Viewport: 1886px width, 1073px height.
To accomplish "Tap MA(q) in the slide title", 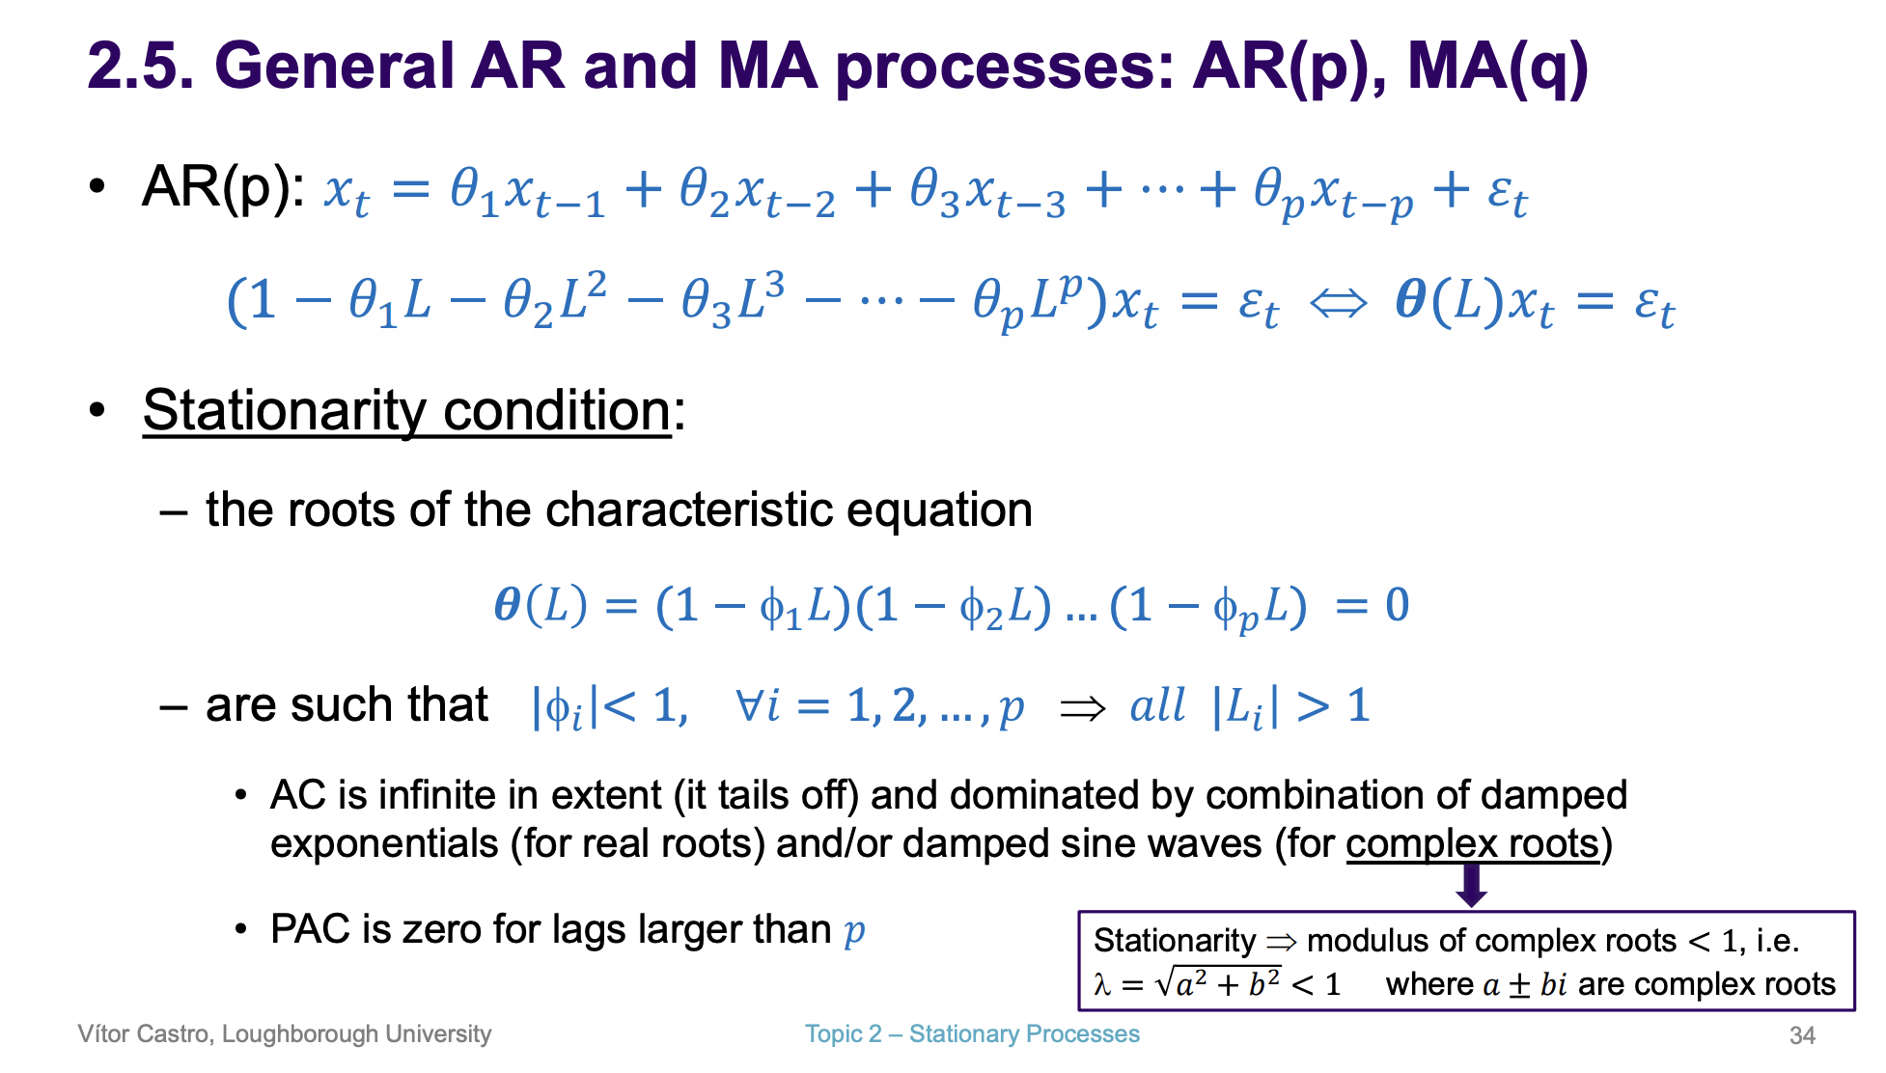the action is (1497, 68).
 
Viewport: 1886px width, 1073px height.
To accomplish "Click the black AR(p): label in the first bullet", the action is (224, 187).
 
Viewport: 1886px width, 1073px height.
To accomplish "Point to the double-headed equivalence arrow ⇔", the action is (1339, 304).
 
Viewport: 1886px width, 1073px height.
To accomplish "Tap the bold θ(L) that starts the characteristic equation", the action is (541, 606).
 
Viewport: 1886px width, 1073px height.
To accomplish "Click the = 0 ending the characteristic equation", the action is (1373, 605).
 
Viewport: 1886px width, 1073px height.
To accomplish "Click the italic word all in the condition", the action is (1157, 705).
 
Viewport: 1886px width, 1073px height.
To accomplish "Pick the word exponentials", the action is (384, 844).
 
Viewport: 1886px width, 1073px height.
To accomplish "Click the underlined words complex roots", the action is (1473, 843).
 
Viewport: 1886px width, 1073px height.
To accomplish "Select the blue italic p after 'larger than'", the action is (854, 932).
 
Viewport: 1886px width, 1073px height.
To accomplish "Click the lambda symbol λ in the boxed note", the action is (1102, 984).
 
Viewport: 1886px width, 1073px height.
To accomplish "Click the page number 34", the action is (1802, 1035).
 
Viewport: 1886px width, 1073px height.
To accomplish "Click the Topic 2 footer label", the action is (844, 1033).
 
